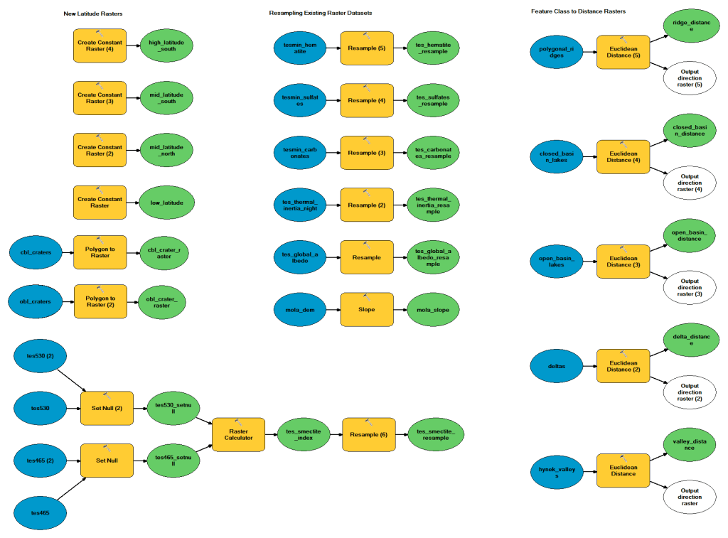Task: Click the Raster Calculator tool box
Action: [238, 434]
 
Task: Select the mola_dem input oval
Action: [299, 309]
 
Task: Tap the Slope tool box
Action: [367, 310]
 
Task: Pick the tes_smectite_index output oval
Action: [304, 434]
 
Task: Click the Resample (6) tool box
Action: [368, 434]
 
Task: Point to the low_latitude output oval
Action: [166, 203]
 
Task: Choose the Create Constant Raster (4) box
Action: [100, 46]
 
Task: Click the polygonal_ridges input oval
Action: [557, 51]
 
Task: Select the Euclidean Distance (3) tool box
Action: [623, 261]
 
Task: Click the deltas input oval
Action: [557, 365]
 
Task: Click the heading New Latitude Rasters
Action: [92, 14]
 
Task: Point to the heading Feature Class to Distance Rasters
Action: [578, 11]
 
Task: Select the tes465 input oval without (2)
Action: [41, 512]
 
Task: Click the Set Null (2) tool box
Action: [107, 408]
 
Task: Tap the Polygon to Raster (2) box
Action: [100, 301]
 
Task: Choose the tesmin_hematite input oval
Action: [299, 48]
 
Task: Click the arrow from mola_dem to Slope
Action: [333, 310]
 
